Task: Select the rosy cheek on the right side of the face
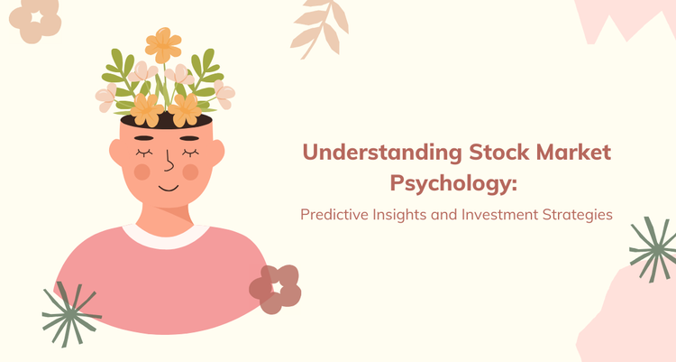[x=191, y=171]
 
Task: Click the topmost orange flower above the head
[x=163, y=42]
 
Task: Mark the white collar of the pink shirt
[x=167, y=237]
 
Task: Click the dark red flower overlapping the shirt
[x=275, y=288]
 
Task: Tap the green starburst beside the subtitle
[x=653, y=248]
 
